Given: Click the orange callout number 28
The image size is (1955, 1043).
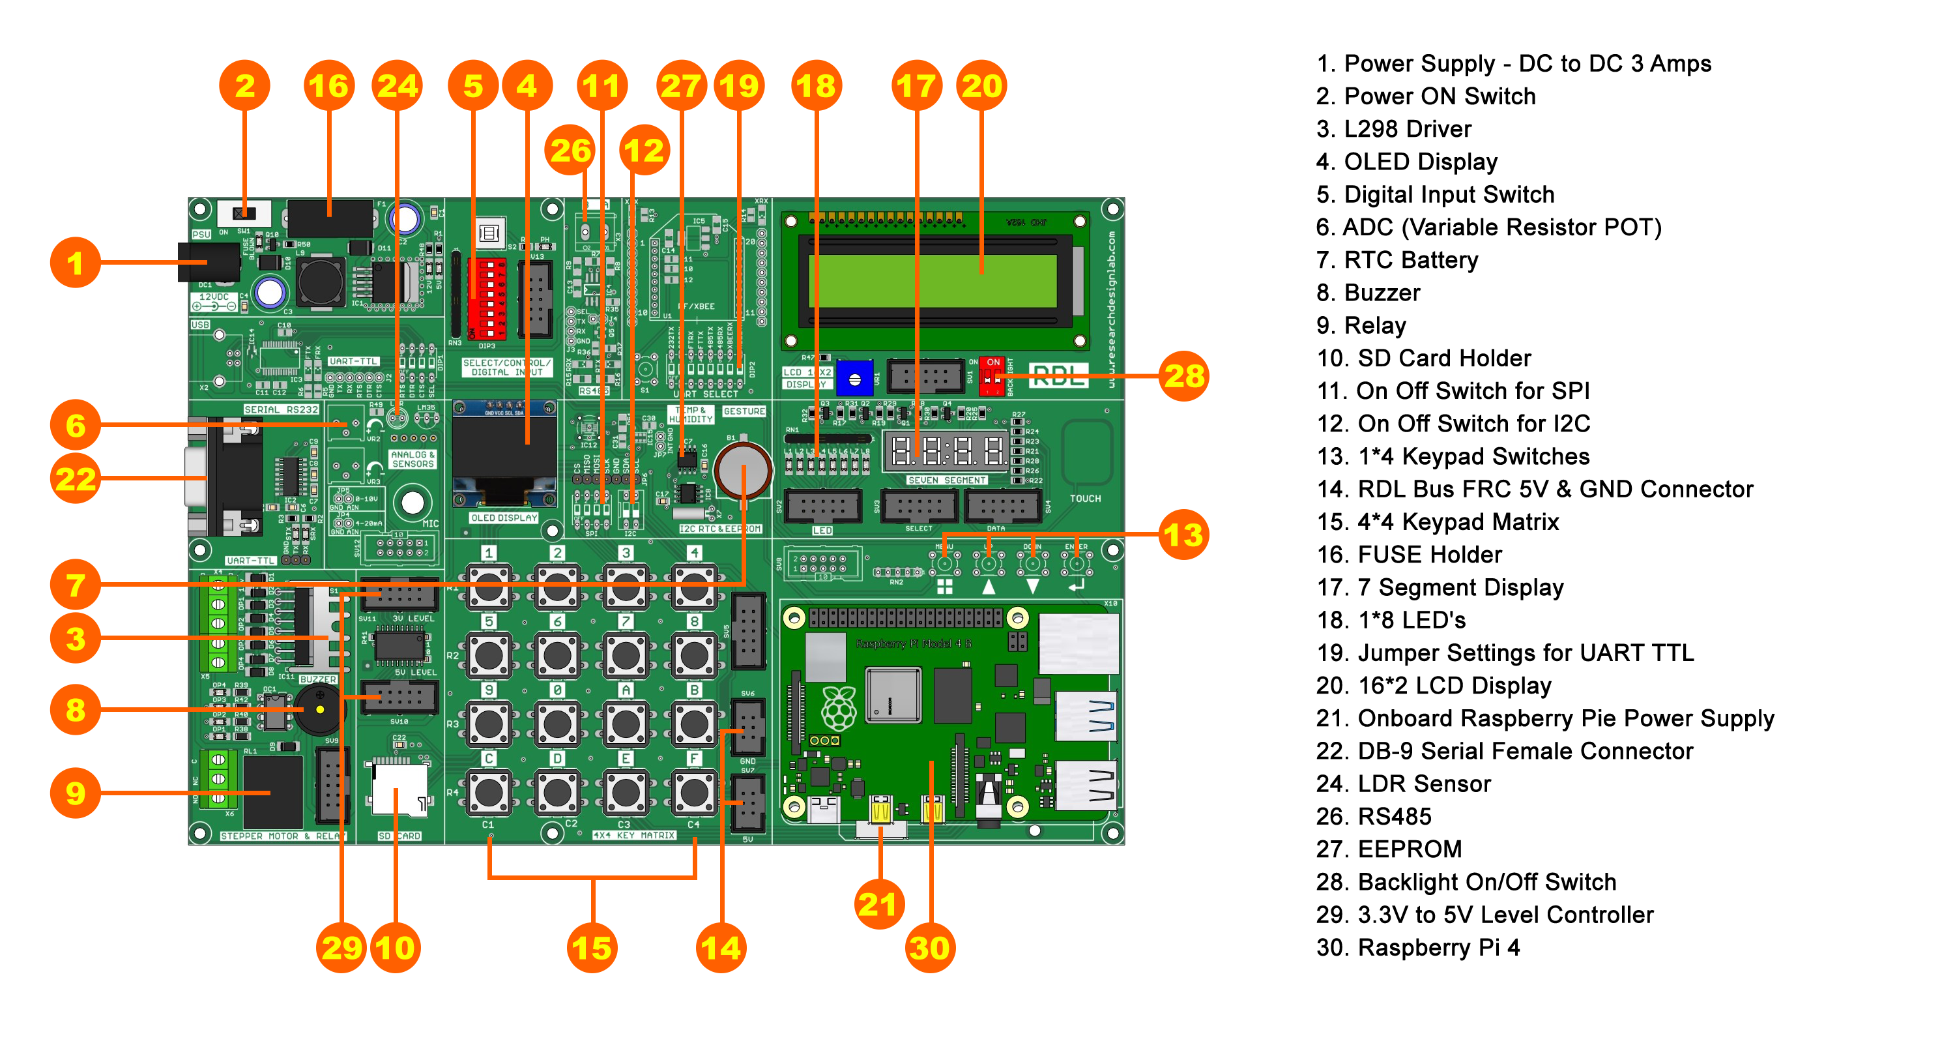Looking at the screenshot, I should click(1184, 375).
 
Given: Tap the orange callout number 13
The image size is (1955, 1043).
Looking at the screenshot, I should click(1184, 535).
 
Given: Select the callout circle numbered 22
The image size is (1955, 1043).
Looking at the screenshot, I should click(75, 479).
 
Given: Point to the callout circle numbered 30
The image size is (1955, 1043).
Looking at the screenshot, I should click(931, 947).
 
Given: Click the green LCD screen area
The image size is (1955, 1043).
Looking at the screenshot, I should click(933, 280).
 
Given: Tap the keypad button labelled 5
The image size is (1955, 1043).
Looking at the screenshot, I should click(489, 655).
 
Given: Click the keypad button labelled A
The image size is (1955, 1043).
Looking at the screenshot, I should click(626, 724).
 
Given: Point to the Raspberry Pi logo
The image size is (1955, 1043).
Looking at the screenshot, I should click(839, 707).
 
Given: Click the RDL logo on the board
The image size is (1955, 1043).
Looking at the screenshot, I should click(1058, 375).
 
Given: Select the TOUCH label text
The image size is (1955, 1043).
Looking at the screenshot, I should click(1084, 499).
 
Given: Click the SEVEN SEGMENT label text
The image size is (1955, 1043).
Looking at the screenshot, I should click(946, 480).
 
